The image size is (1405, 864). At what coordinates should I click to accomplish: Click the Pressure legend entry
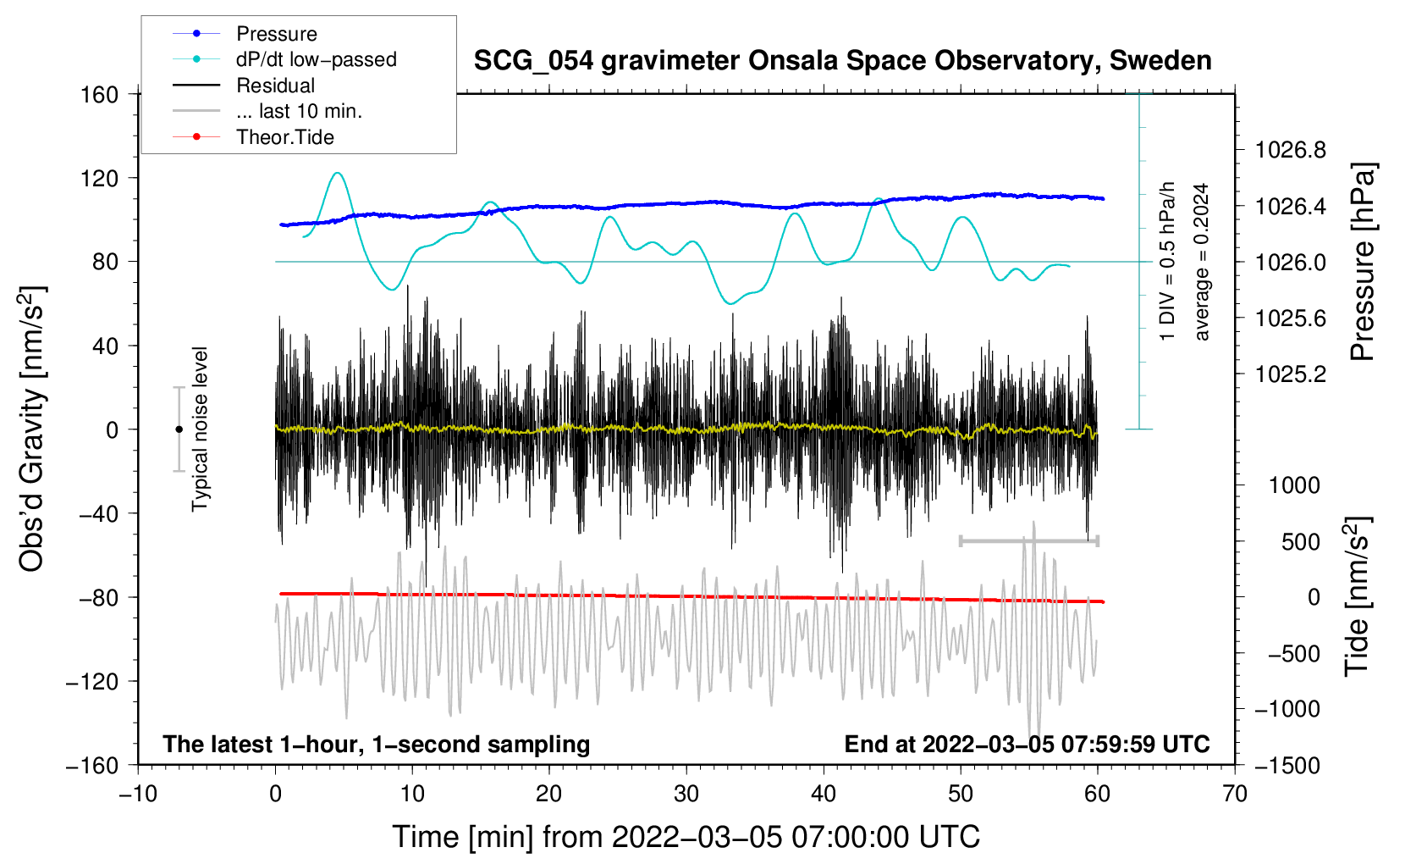245,33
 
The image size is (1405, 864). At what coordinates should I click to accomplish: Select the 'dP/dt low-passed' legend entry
284,59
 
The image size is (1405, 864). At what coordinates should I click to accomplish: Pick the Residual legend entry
244,86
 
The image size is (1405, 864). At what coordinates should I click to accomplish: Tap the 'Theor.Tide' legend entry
253,137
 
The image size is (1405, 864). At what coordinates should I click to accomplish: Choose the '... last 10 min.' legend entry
267,111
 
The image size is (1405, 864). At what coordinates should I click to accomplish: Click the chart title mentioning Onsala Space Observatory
842,60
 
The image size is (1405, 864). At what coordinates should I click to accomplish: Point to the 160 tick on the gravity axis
100,95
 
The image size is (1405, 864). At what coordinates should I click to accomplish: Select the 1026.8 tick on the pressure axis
1290,150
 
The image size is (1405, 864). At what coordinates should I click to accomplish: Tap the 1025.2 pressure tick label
1290,374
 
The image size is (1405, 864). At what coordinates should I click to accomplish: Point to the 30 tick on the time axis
686,795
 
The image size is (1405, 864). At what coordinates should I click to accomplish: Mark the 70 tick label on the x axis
1234,795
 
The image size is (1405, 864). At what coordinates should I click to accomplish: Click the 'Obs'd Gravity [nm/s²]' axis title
31,429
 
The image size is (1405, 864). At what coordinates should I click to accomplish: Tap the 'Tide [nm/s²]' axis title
1358,596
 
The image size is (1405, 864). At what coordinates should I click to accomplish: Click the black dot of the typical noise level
179,429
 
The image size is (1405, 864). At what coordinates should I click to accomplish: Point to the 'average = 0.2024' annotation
1200,262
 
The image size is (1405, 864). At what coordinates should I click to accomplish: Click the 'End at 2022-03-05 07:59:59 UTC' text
1027,744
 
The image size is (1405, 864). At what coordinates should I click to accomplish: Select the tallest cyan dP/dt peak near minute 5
338,173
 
